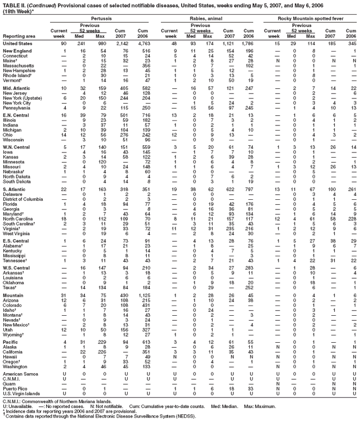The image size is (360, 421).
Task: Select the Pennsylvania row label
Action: click(17, 108)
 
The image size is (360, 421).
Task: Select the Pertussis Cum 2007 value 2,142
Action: click(122, 43)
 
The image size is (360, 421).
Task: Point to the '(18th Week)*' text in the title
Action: click(18, 11)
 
